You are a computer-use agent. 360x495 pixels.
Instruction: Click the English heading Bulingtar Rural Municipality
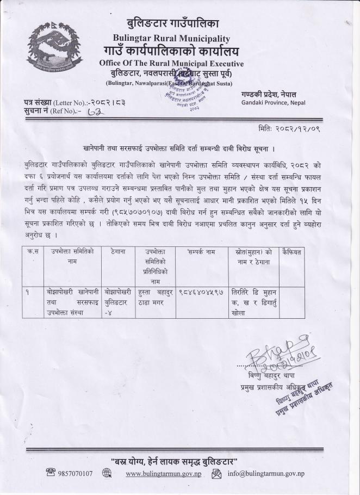(171, 38)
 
